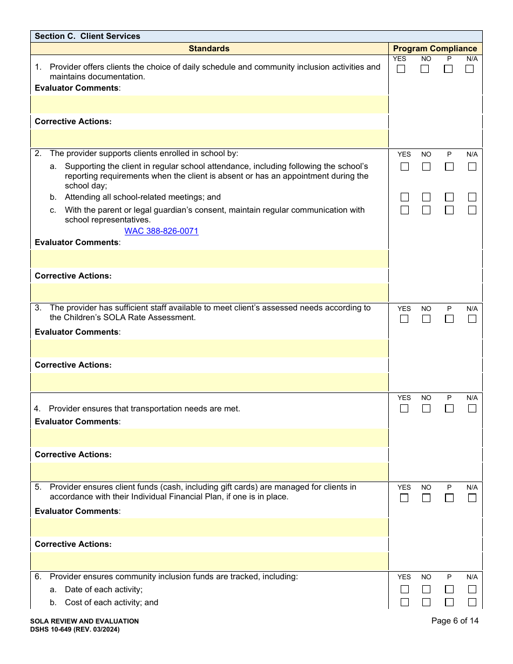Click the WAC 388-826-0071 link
click(161, 231)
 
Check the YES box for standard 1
click(401, 69)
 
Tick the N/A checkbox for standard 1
click(469, 69)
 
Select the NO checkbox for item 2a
click(426, 167)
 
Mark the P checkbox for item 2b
click(449, 197)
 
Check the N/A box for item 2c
click(472, 210)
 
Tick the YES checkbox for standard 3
click(404, 319)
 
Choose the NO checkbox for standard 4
click(426, 409)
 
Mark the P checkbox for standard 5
click(449, 498)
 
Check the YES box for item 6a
click(404, 590)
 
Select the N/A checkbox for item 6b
click(472, 602)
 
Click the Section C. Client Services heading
click(87, 36)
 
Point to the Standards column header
click(209, 49)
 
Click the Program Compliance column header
click(435, 49)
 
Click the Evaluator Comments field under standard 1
click(210, 105)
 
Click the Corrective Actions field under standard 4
click(210, 472)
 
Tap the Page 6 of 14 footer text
click(455, 621)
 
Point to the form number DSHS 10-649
click(75, 629)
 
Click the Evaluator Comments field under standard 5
click(210, 527)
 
